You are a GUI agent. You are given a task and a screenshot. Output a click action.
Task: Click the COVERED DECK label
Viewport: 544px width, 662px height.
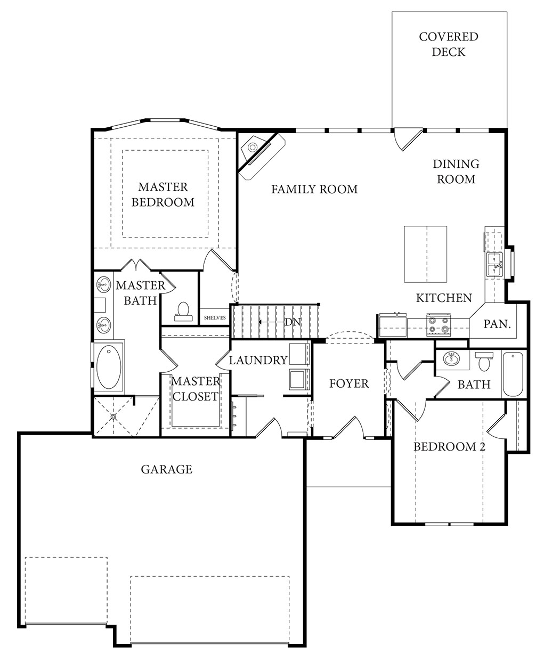(x=449, y=44)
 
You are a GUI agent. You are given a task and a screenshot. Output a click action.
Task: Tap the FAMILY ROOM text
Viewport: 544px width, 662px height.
(x=314, y=189)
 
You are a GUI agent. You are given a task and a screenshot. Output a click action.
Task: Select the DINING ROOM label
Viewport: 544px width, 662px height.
(x=456, y=171)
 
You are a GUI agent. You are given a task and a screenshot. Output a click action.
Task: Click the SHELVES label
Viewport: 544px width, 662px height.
(x=215, y=317)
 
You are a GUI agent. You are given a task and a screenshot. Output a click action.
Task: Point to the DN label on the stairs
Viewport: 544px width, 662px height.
(x=293, y=322)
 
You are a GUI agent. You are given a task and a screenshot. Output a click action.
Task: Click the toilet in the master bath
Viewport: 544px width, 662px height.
(x=183, y=311)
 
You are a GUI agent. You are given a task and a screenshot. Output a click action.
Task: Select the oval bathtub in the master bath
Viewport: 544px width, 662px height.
(x=109, y=366)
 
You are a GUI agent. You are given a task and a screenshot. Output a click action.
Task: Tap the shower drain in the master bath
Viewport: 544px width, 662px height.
(x=113, y=416)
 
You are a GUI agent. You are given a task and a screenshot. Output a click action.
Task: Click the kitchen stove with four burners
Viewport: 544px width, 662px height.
(x=439, y=325)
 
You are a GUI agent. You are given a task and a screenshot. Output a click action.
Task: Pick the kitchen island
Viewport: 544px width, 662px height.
(x=425, y=254)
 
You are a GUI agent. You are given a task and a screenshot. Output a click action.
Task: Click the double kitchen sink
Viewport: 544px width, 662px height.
(x=494, y=264)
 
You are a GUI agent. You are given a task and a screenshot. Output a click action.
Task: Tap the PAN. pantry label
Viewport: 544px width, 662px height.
(x=497, y=324)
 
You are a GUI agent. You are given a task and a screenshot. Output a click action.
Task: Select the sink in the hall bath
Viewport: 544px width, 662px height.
(x=451, y=358)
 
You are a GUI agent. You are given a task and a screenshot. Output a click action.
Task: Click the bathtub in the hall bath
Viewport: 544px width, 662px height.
(x=513, y=374)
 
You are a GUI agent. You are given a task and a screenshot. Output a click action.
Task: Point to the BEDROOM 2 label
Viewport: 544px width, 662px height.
(x=450, y=447)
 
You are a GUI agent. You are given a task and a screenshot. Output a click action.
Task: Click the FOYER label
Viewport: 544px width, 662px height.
(x=348, y=383)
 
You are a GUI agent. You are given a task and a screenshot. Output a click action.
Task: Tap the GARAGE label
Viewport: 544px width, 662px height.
(x=166, y=469)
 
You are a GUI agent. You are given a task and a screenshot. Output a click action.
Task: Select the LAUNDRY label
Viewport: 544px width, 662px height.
(x=258, y=360)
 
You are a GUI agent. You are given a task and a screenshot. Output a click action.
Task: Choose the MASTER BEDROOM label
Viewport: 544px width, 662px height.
(x=163, y=194)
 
